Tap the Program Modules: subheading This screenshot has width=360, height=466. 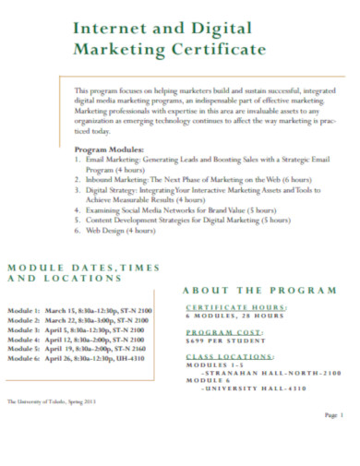point(109,149)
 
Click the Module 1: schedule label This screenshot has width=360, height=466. point(23,310)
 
